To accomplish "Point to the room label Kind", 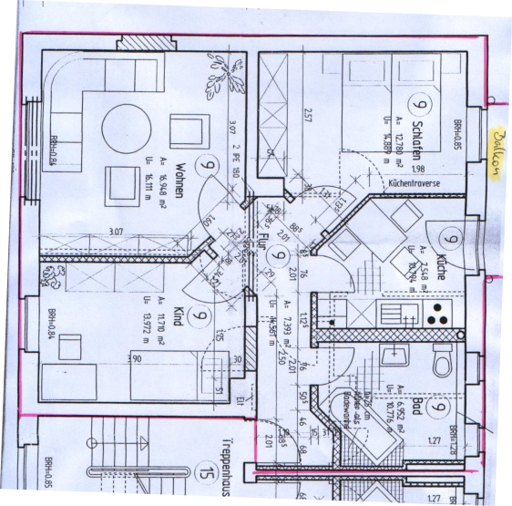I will [179, 315].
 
